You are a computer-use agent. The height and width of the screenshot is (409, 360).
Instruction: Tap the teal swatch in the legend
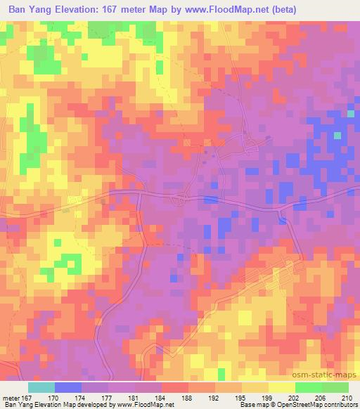pyautogui.click(x=41, y=387)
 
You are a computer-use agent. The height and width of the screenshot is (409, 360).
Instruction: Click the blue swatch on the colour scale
pyautogui.click(x=68, y=387)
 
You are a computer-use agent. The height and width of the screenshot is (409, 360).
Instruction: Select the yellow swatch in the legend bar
pyautogui.click(x=282, y=387)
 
